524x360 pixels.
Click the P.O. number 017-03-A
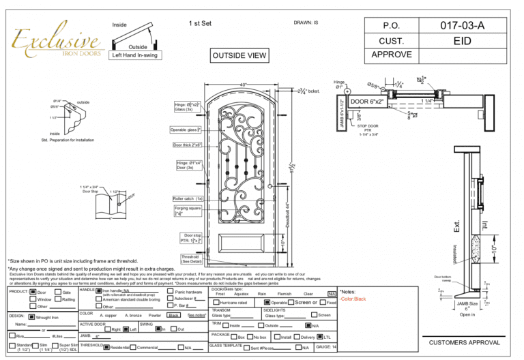tap(462, 25)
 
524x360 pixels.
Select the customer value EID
tap(462, 42)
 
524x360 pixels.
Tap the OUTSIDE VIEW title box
tap(239, 55)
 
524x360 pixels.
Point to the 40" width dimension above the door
tap(243, 85)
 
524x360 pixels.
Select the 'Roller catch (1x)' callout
tap(188, 198)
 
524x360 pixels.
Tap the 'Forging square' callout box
tap(187, 211)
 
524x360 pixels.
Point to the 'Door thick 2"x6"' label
tap(187, 145)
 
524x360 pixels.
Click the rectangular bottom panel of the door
tap(243, 245)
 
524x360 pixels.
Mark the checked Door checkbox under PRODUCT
tap(33, 292)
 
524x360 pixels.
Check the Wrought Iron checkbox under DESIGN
tap(32, 317)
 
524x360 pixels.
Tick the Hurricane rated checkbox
tap(216, 303)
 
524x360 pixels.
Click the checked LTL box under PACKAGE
tap(319, 337)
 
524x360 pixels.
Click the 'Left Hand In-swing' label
tap(134, 55)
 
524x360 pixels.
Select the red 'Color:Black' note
tap(353, 299)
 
